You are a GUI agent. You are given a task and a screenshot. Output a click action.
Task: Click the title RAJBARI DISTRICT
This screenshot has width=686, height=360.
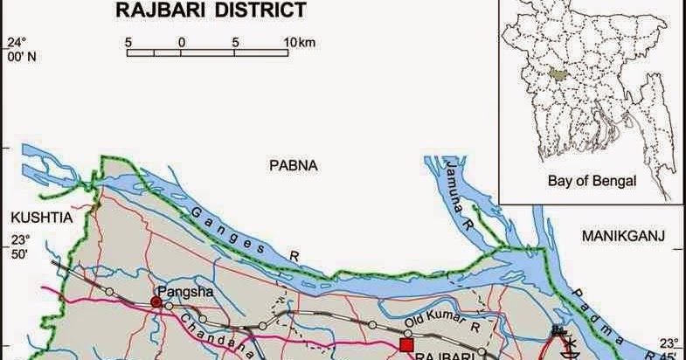coord(211,10)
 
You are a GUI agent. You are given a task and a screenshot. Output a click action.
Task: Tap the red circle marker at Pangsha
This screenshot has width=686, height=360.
coord(156,302)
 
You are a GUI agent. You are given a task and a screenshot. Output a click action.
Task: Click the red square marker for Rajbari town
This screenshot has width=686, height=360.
coord(406,345)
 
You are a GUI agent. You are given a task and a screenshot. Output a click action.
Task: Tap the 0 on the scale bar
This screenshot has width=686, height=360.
coord(181,41)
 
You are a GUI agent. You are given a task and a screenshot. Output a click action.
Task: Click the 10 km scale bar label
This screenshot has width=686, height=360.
coord(298,41)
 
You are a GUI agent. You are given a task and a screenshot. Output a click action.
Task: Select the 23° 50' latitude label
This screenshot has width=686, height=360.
coord(19,246)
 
